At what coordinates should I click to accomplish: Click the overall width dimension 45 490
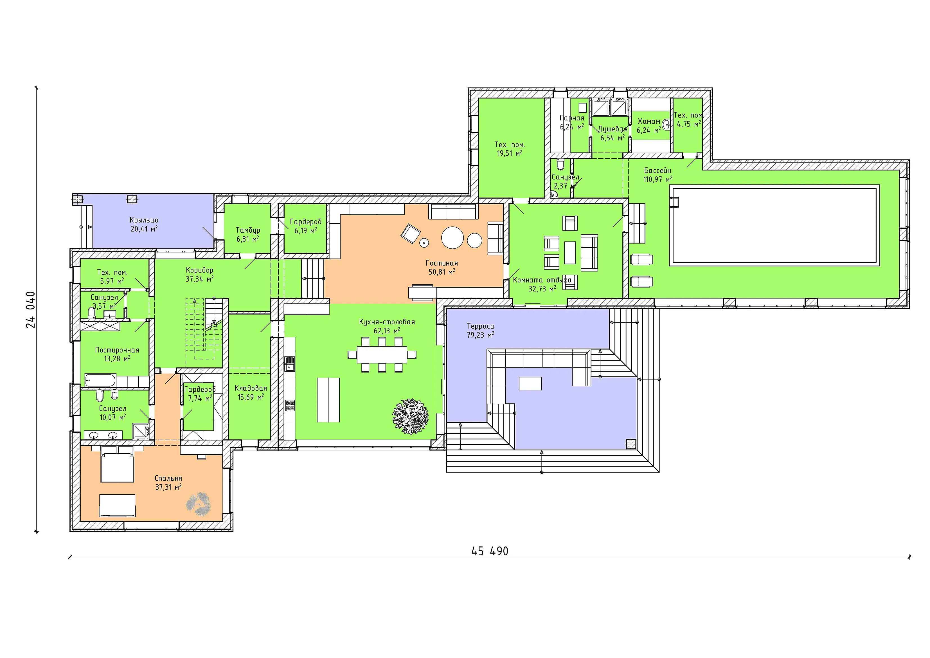coord(489,551)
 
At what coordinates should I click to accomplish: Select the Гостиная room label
coord(442,263)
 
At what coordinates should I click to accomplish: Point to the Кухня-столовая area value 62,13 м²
coord(387,331)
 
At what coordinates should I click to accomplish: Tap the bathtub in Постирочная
coord(100,380)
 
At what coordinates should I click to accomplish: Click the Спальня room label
coord(168,478)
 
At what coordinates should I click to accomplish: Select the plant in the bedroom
coord(198,504)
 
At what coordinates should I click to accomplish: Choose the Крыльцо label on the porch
coord(144,220)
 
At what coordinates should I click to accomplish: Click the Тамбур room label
coord(248,230)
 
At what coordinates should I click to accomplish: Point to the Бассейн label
coord(657,170)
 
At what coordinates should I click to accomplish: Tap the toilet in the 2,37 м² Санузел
coord(560,164)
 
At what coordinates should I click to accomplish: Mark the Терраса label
coord(480,326)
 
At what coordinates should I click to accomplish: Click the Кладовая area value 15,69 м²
coord(251,397)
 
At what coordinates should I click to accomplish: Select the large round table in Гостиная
coord(452,237)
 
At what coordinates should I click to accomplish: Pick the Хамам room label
coord(649,121)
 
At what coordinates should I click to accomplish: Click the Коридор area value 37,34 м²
coord(199,279)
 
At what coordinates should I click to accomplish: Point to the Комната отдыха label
coord(542,280)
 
